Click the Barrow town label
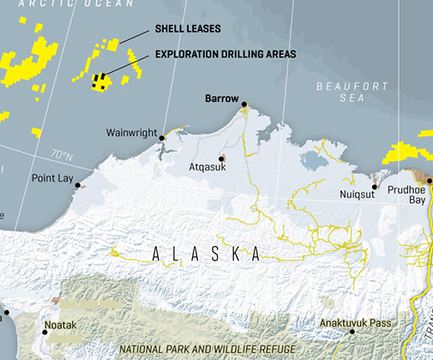(x=221, y=99)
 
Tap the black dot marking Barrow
(x=244, y=105)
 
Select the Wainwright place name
(x=131, y=133)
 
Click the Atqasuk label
(x=207, y=168)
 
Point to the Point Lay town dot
(x=78, y=185)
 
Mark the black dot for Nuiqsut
(x=374, y=186)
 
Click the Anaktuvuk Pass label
(x=356, y=322)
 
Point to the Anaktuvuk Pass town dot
(x=352, y=332)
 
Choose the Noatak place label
(x=60, y=325)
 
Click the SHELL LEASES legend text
(x=188, y=28)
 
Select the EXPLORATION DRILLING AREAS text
(x=226, y=54)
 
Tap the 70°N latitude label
(x=61, y=155)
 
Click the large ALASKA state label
(x=206, y=255)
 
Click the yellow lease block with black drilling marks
(x=101, y=81)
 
